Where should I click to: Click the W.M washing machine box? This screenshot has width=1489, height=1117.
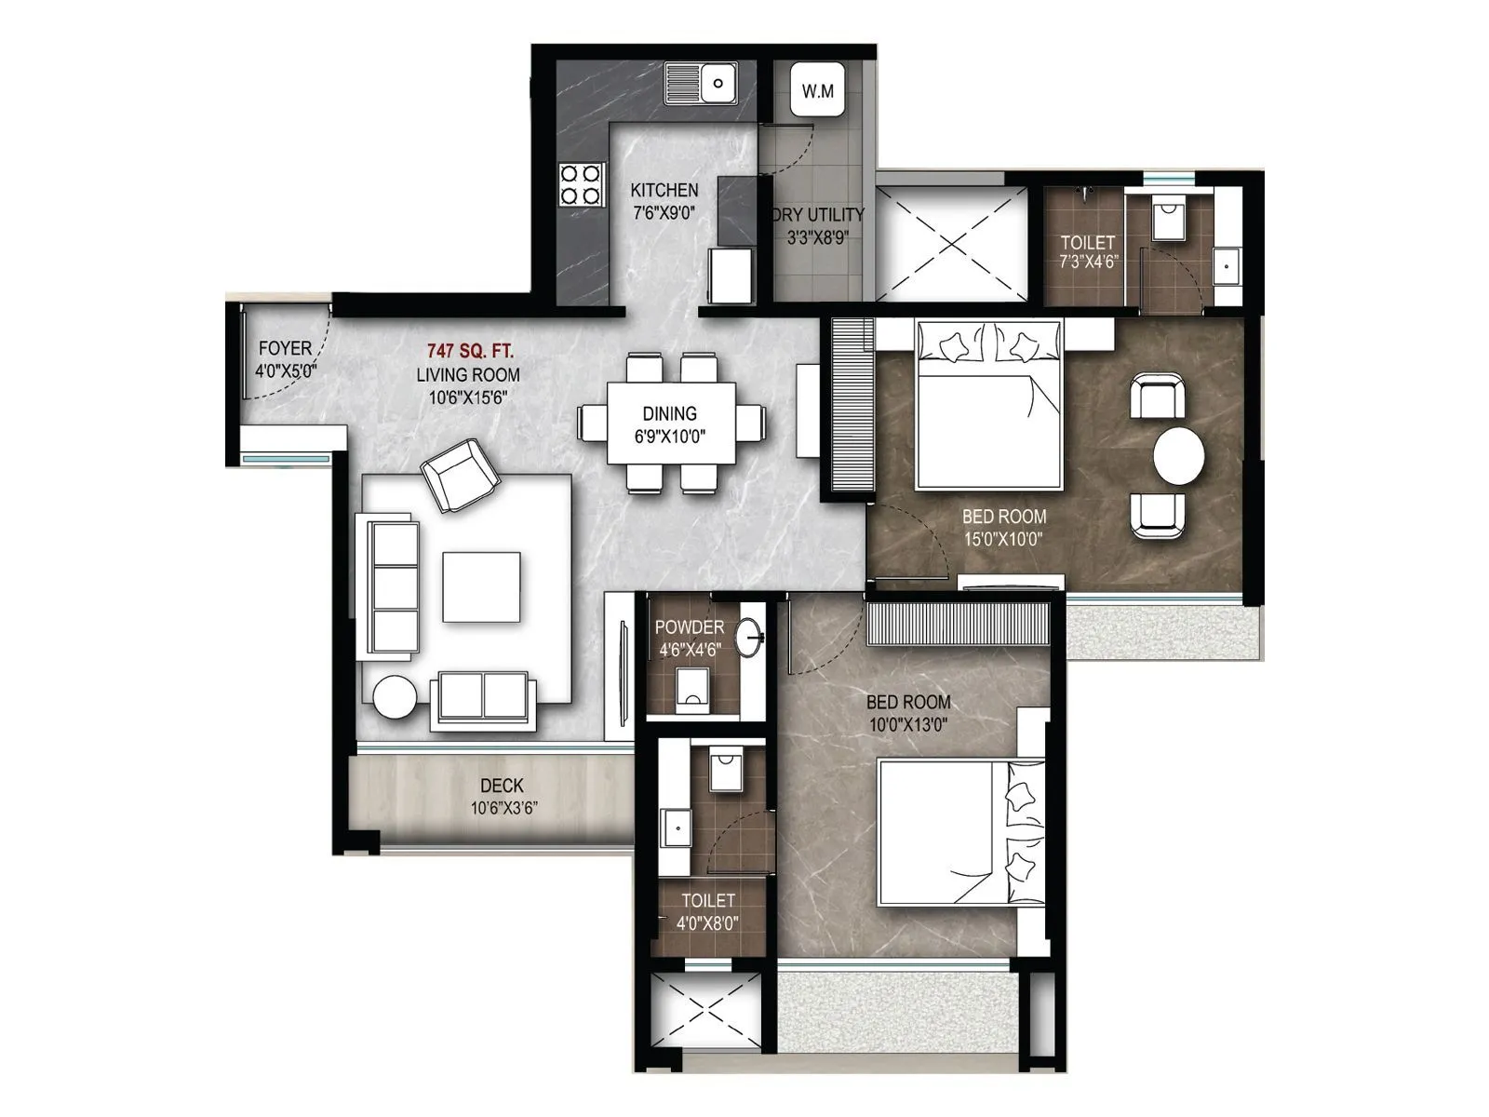point(817,90)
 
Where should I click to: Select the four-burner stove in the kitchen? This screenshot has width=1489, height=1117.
point(579,183)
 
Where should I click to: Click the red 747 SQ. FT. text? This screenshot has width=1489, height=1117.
point(470,351)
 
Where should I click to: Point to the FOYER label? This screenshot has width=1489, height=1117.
point(285,348)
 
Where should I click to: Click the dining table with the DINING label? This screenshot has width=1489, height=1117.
point(670,423)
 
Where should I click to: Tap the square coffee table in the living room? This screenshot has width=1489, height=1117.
point(481,587)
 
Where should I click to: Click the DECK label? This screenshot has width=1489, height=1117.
point(502,786)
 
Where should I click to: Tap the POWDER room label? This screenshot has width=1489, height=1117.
point(689,627)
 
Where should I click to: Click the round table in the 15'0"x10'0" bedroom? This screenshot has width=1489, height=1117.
point(1178,456)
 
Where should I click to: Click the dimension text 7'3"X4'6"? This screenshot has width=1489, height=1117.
point(1088,262)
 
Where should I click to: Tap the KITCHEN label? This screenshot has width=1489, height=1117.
point(664,190)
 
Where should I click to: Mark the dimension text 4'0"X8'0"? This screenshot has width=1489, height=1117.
point(708,922)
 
